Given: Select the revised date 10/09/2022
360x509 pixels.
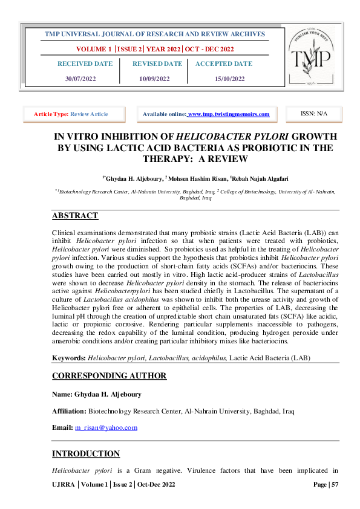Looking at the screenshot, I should point(154,79).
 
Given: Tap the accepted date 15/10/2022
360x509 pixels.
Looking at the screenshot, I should point(230,79).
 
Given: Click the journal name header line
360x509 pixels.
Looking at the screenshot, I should point(155,34).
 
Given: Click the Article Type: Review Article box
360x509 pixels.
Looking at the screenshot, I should point(74,114).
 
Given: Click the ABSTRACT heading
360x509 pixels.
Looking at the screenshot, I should point(75,216).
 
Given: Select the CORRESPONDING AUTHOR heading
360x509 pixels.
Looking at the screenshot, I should point(109,375).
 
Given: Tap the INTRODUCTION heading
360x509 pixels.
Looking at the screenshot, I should point(86,453).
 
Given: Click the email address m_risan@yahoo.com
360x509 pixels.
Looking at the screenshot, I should point(106,427).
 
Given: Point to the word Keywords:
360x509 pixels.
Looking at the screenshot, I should point(69,358).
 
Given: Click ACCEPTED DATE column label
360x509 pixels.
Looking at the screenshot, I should point(224,63).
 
